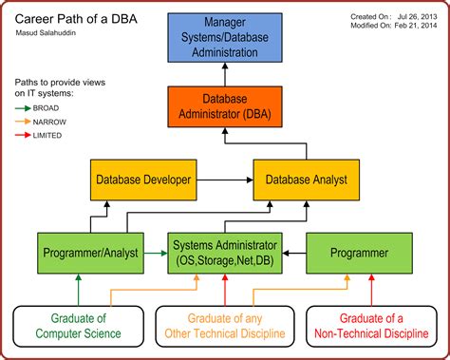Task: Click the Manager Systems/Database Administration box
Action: (224, 38)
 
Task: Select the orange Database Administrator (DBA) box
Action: (224, 106)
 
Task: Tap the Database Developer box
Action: (142, 180)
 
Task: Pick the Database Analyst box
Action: (306, 180)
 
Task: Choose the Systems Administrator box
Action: (224, 253)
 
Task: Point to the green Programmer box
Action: (358, 253)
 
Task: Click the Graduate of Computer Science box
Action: (80, 326)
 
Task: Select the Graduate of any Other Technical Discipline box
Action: (224, 326)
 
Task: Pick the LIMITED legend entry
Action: (43, 135)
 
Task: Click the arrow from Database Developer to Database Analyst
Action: (224, 180)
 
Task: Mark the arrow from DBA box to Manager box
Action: (224, 73)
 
